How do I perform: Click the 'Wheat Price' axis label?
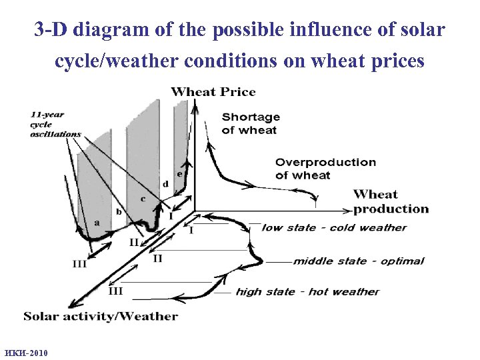213,92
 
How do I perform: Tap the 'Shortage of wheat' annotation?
250,123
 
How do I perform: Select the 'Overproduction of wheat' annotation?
325,169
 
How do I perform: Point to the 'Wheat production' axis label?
391,201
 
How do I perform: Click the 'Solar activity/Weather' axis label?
101,316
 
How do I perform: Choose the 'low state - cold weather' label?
333,227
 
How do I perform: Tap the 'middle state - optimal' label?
358,261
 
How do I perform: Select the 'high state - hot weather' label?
307,291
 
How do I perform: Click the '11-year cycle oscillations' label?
55,124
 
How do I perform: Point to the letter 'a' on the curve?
97,223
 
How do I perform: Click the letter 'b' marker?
119,212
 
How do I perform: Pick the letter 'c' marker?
142,199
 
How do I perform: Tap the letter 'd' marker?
165,183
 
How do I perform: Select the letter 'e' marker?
179,173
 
